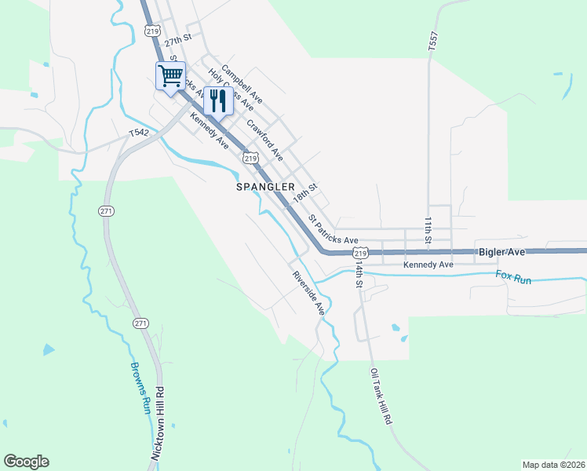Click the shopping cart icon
tap(170, 76)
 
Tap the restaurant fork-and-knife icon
tap(217, 100)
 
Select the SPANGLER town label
tap(265, 188)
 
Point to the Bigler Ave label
tap(501, 252)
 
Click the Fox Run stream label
tap(513, 276)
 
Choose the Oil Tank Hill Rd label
tap(380, 397)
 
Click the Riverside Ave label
tap(308, 293)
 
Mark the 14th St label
tap(358, 276)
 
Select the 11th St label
tap(428, 231)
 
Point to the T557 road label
tap(432, 42)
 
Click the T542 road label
tap(140, 133)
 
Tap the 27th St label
tap(178, 40)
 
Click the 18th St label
tap(304, 193)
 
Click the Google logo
tap(26, 462)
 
